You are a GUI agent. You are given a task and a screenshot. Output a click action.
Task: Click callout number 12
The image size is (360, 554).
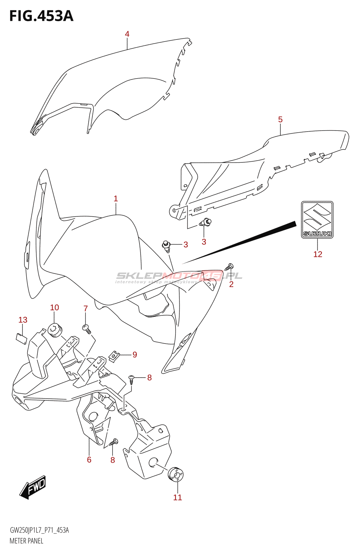[318, 254]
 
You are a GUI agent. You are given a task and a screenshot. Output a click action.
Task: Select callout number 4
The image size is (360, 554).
[127, 34]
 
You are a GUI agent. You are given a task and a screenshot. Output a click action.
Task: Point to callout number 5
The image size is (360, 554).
[280, 119]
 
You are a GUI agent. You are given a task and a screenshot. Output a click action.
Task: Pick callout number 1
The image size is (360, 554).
[116, 199]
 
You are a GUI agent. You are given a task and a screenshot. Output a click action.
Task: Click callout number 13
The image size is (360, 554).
[23, 320]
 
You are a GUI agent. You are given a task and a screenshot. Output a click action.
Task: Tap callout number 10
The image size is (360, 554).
[54, 307]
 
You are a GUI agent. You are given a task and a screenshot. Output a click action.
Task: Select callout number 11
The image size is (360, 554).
[178, 497]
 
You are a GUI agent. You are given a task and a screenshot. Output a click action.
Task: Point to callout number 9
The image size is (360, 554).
[135, 355]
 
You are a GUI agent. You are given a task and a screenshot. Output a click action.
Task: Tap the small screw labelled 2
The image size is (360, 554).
[229, 267]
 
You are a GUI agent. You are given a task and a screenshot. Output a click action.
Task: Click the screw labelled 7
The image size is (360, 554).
[87, 329]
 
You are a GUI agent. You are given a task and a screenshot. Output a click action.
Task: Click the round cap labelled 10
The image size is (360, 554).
[55, 330]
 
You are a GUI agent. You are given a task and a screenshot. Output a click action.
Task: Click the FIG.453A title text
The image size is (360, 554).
[41, 16]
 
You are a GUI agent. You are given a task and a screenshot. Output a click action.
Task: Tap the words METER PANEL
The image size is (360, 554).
[26, 541]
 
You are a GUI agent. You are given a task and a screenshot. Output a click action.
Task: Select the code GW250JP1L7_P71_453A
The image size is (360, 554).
[39, 530]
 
